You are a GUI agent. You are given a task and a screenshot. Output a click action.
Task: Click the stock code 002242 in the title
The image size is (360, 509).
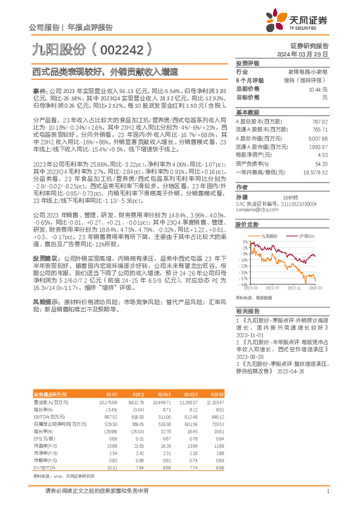[121, 48]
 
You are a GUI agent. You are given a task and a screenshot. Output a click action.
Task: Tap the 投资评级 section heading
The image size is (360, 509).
[247, 63]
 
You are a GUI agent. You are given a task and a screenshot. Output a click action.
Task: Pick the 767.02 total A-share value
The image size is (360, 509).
[320, 122]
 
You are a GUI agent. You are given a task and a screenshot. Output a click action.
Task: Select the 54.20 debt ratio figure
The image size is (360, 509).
[321, 164]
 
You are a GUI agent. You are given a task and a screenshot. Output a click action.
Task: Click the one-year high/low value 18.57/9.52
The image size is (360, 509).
[315, 172]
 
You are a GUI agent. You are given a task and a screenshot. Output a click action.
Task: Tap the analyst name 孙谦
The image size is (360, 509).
[242, 197]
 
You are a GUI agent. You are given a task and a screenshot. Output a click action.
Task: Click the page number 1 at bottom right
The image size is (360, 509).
[327, 491]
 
